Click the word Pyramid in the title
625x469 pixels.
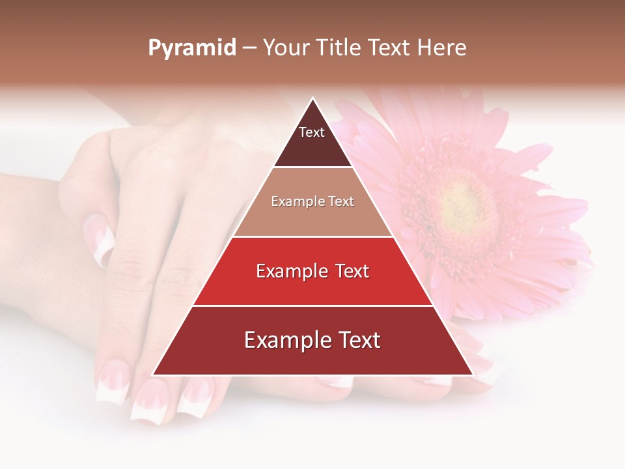coord(191,48)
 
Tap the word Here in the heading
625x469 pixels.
coord(441,48)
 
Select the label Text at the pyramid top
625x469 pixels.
coord(312,132)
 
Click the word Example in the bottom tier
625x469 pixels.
coord(281,340)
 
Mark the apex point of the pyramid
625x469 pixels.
coord(312,98)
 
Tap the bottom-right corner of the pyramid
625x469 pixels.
coord(472,375)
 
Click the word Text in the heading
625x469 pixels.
coord(391,48)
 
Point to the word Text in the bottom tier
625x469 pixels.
coord(357,340)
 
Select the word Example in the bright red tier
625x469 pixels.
coord(290,271)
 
